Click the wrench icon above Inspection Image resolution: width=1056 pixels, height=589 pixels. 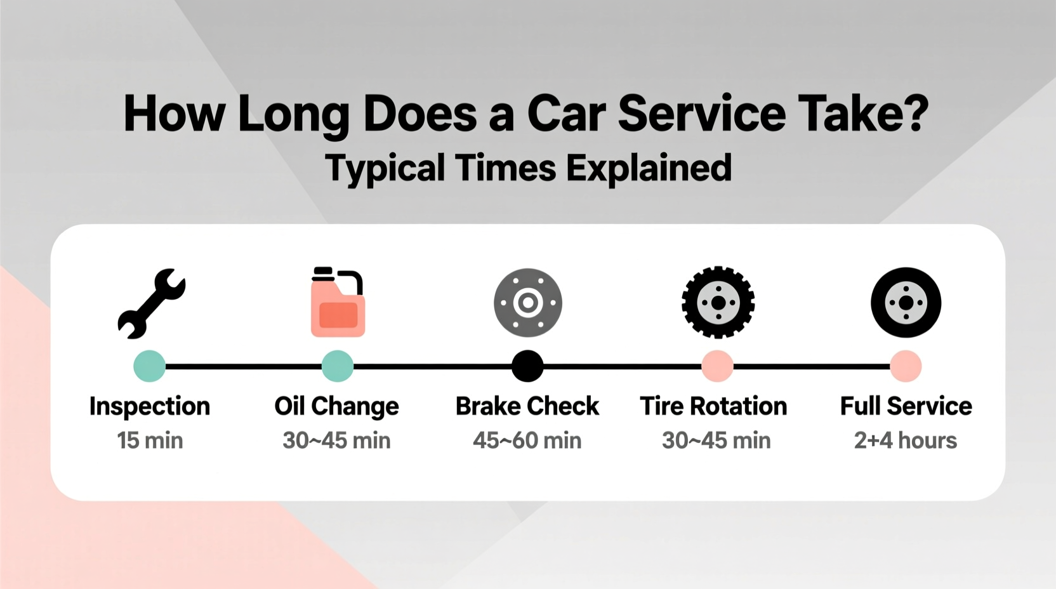click(x=151, y=303)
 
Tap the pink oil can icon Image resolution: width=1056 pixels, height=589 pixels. click(x=338, y=303)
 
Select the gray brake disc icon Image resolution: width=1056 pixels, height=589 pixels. click(x=528, y=303)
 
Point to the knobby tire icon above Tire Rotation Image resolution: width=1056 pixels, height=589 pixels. click(x=718, y=303)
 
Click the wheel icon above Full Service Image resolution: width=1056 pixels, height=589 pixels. click(x=906, y=303)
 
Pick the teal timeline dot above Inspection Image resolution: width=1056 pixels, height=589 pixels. click(x=150, y=366)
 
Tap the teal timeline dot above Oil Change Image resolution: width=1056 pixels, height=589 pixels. click(x=338, y=366)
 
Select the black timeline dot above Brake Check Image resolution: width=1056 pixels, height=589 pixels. click(x=527, y=366)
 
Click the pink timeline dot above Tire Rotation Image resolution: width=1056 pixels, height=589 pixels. click(x=717, y=366)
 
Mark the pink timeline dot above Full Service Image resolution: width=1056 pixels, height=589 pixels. click(x=906, y=366)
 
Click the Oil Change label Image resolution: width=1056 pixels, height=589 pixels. click(x=336, y=406)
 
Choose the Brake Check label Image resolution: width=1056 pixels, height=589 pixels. click(x=527, y=406)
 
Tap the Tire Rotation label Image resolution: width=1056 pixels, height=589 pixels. click(x=713, y=406)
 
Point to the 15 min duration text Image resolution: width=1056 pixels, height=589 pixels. click(x=150, y=440)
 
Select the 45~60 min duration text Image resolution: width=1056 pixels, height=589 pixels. click(x=527, y=440)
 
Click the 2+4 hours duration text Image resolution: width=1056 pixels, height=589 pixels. click(x=905, y=440)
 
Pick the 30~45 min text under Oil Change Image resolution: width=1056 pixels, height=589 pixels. click(x=336, y=440)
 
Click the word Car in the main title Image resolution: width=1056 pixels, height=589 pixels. click(x=566, y=114)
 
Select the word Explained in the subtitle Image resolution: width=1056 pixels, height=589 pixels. click(x=649, y=169)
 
